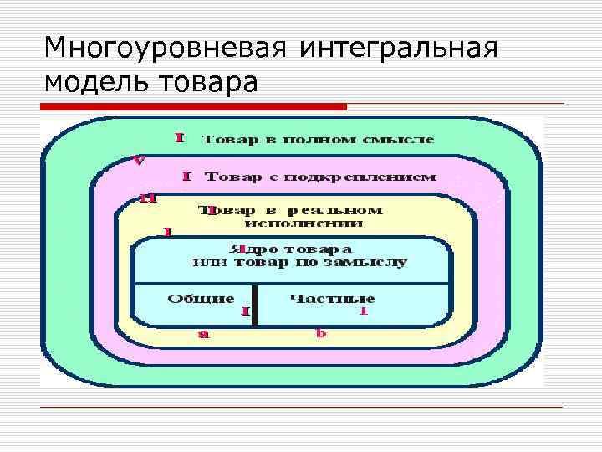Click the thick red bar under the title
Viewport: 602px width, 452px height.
coord(194,107)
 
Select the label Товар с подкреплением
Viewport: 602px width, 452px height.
coord(321,177)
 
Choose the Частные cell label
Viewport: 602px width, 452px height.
coord(331,298)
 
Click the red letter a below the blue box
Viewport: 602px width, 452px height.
coord(203,334)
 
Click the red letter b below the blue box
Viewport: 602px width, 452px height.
coord(319,332)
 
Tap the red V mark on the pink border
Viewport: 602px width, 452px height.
coord(140,160)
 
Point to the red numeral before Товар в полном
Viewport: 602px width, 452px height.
coord(179,138)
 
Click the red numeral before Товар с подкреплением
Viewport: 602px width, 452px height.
coord(187,176)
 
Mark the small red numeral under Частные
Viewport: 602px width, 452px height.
coord(363,311)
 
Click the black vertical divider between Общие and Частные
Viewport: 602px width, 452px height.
coord(255,305)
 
